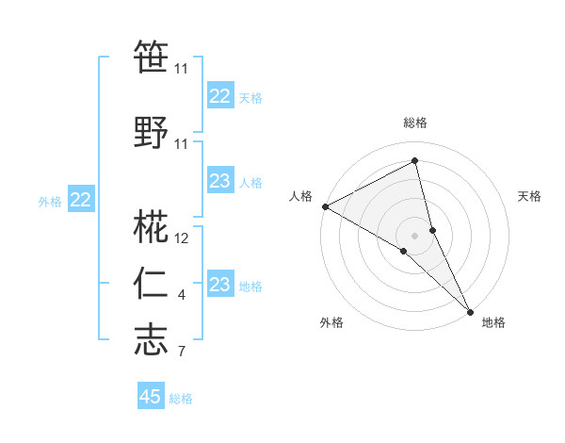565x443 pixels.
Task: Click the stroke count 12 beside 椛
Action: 182,239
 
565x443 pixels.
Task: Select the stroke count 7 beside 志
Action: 182,353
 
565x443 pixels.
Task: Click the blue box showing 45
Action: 151,397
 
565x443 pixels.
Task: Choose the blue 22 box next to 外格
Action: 81,200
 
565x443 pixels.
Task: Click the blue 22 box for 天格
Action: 220,96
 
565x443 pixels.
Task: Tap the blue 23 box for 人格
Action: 220,181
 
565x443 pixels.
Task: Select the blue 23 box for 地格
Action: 220,285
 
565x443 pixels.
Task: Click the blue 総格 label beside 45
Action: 181,399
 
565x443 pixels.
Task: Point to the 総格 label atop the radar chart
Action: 415,123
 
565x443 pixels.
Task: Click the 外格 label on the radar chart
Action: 331,322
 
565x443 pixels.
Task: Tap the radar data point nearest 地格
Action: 470,310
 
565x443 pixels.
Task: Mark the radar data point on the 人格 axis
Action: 325,205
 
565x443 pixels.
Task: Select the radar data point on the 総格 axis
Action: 415,161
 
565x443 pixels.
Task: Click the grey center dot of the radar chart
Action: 415,235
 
